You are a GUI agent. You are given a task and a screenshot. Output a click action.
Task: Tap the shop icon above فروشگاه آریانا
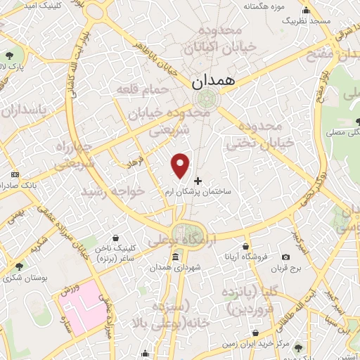[x=244, y=246]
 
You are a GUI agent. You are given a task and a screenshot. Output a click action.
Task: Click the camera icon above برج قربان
[x=286, y=258]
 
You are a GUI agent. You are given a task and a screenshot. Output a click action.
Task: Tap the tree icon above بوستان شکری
[x=19, y=266]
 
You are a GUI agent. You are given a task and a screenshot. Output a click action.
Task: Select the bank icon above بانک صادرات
[x=15, y=174]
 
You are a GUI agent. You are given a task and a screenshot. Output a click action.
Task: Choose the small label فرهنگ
[x=134, y=163]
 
